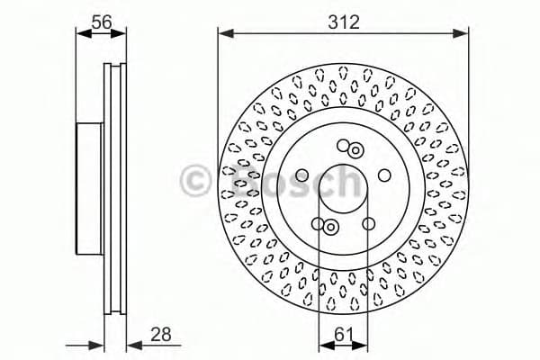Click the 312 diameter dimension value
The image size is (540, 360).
[343, 22]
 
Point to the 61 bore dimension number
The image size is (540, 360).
[343, 334]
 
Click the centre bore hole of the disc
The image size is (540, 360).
[343, 185]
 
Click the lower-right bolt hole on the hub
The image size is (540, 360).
[368, 223]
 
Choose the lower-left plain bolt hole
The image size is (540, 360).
[318, 223]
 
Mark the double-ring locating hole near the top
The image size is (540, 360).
[356, 150]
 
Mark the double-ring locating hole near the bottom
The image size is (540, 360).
[330, 227]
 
